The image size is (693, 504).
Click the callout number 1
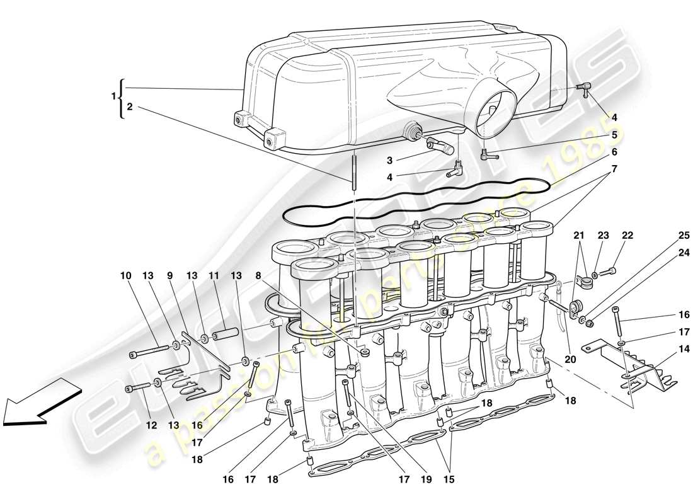tap(114, 96)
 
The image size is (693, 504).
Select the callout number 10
tap(125, 275)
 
